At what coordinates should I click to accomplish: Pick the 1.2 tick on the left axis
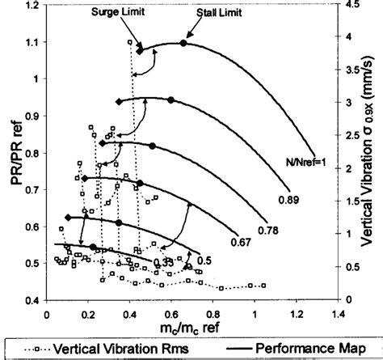click(34, 6)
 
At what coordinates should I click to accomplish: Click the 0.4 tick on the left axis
click(34, 300)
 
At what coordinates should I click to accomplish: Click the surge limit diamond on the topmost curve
click(140, 50)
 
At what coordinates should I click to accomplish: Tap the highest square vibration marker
click(130, 41)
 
